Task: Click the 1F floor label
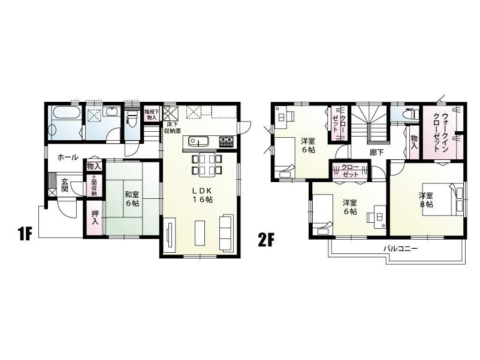click(24, 234)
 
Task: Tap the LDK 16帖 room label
click(202, 195)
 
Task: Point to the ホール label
click(67, 157)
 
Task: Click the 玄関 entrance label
click(64, 185)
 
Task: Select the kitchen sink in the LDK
click(198, 141)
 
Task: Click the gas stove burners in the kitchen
click(227, 141)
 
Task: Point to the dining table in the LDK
click(207, 164)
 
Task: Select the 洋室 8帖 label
click(426, 200)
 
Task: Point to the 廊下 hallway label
click(376, 152)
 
